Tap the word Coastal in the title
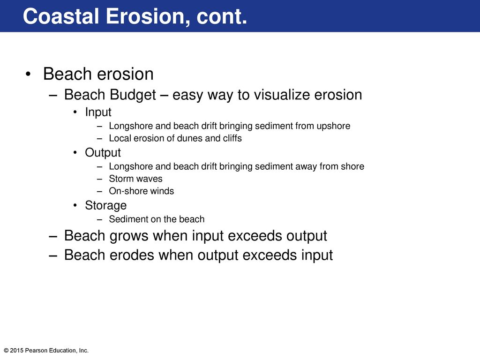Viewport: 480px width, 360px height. (x=61, y=16)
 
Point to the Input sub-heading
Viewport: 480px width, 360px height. (x=98, y=112)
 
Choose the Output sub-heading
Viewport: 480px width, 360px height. (x=103, y=153)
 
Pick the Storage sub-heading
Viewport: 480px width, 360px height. (x=105, y=205)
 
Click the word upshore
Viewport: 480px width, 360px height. (x=333, y=126)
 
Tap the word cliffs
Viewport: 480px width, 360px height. (x=232, y=138)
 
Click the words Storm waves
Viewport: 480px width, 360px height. (x=135, y=179)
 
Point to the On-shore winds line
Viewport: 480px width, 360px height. (x=142, y=191)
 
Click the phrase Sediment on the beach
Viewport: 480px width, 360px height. (x=157, y=219)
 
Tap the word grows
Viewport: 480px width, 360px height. (x=129, y=236)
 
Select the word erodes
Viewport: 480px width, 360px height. (x=132, y=255)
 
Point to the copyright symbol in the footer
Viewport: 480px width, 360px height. (x=6, y=351)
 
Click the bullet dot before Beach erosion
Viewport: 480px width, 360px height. (x=28, y=75)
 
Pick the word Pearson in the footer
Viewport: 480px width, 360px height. (x=35, y=351)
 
